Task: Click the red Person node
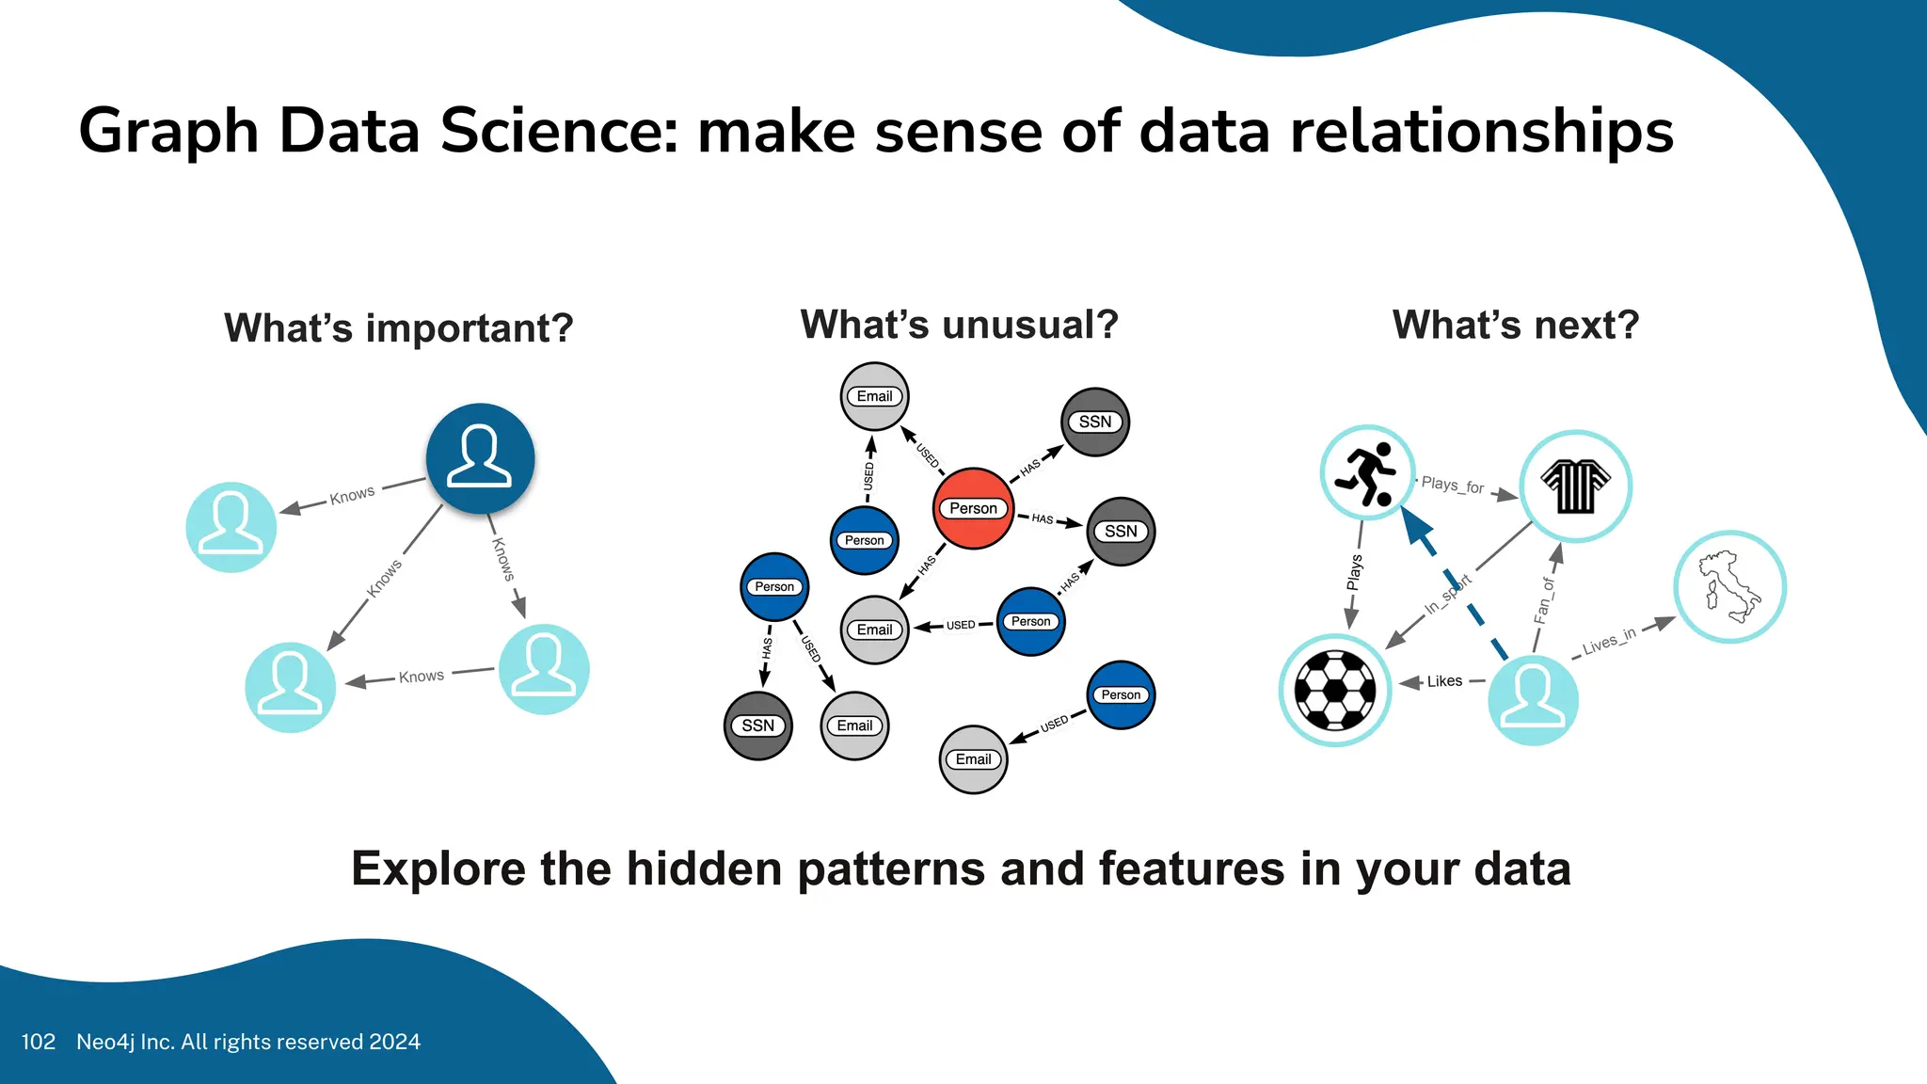973,508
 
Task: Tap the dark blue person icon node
480,458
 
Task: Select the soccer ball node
1335,690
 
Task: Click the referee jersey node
1576,486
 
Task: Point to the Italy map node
1729,587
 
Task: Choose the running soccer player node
1367,472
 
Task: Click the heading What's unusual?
959,325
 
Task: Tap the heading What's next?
1515,325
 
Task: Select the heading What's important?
398,328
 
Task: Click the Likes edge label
1444,681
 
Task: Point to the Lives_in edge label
1609,641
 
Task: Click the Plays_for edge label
1452,485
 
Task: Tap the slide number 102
38,1042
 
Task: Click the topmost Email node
874,396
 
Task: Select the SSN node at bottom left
757,725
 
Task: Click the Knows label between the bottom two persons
421,677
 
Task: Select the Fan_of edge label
1544,600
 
